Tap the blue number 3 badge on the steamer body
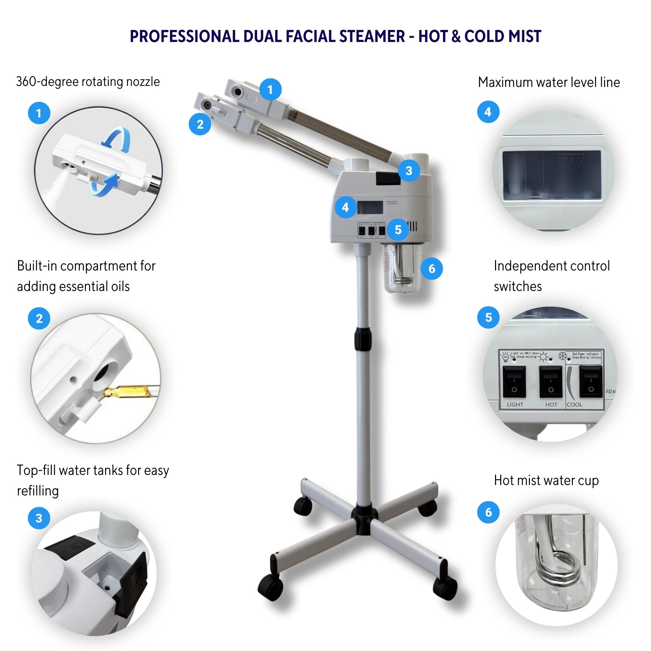409,171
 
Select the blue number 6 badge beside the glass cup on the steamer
432,269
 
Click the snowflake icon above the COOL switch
562,355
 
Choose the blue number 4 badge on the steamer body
345,207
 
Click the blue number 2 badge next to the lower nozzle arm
200,124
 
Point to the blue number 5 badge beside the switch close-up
488,317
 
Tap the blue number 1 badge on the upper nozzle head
270,90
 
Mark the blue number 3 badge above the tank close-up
39,518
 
